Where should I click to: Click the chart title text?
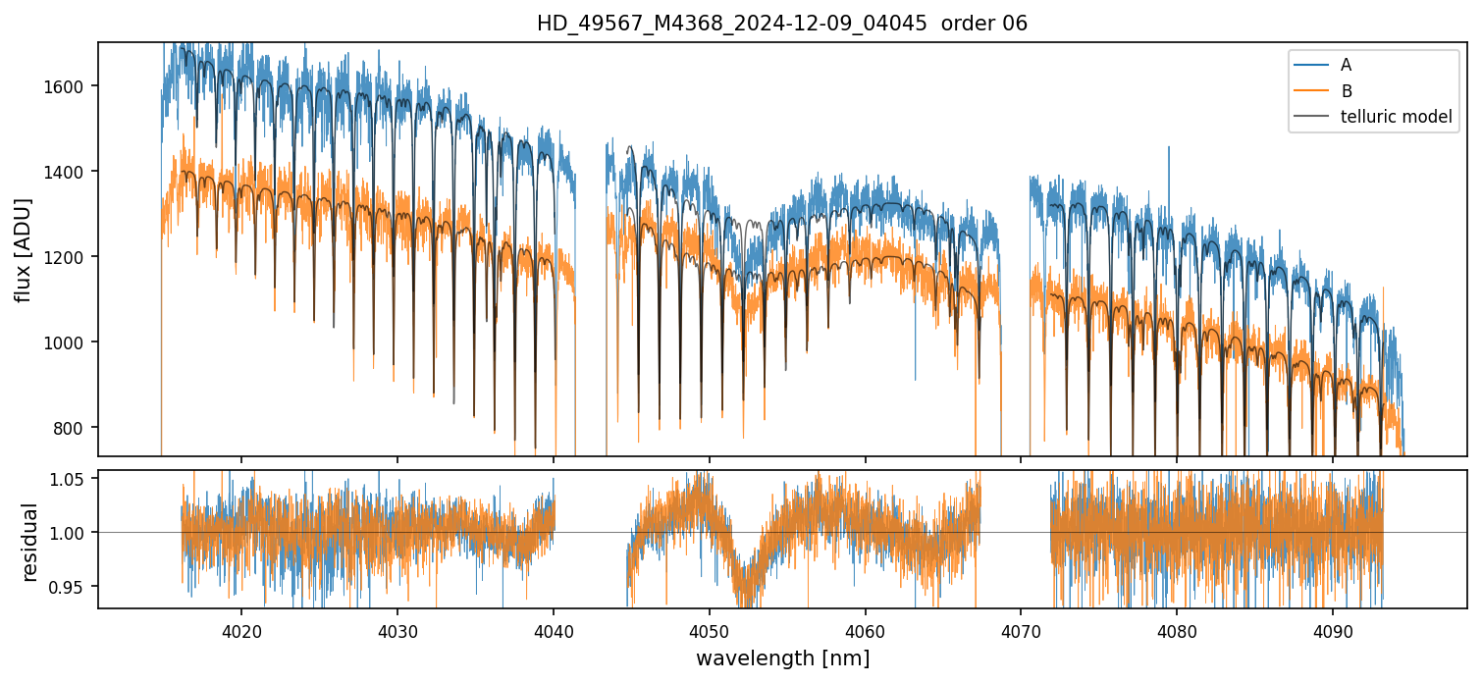pos(781,24)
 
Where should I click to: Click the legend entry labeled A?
pos(1346,65)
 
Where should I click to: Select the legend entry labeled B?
pos(1346,91)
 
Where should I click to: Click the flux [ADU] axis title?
pos(24,249)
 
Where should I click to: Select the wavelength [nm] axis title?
pos(782,657)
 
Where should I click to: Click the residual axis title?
pos(30,542)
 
